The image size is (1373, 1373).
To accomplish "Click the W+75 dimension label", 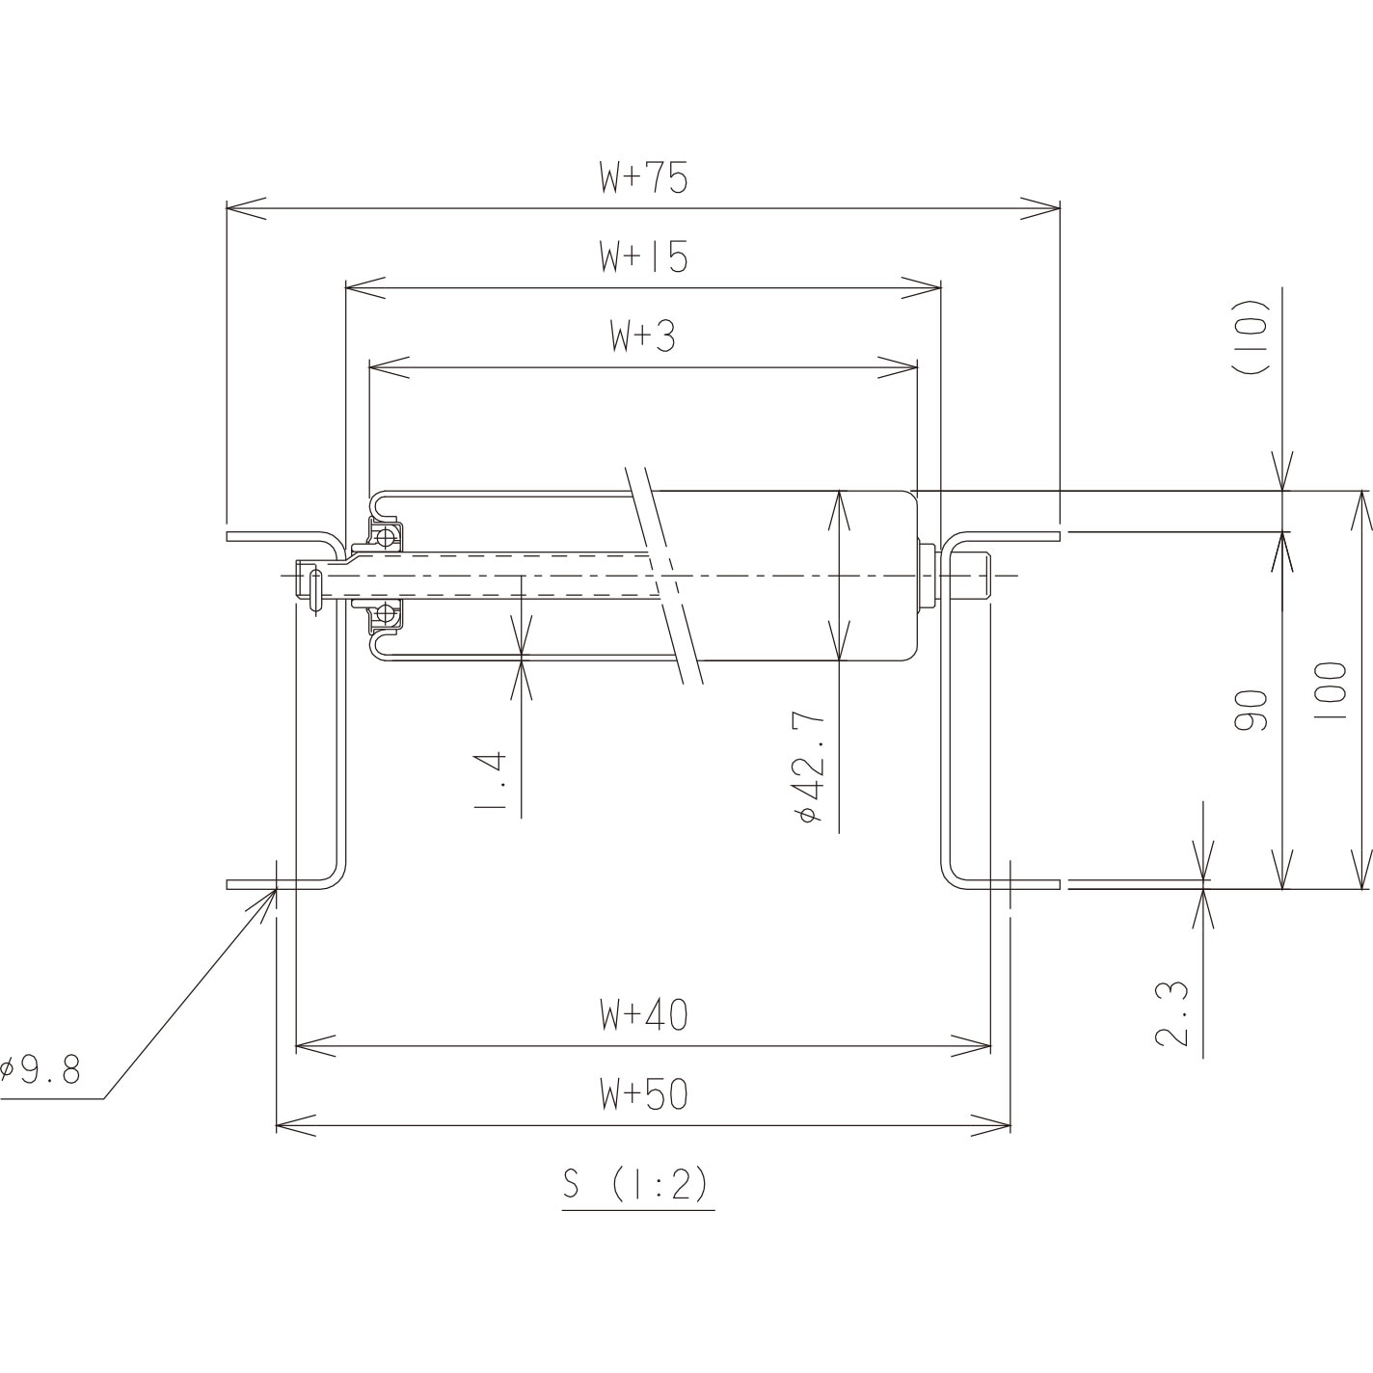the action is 643,178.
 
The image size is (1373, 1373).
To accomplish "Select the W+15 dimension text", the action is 643,257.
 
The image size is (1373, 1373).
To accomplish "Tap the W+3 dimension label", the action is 643,337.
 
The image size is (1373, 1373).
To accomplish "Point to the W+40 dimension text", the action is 643,1015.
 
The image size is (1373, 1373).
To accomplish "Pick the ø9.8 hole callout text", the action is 40,1069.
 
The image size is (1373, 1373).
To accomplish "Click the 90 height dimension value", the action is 1252,711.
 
